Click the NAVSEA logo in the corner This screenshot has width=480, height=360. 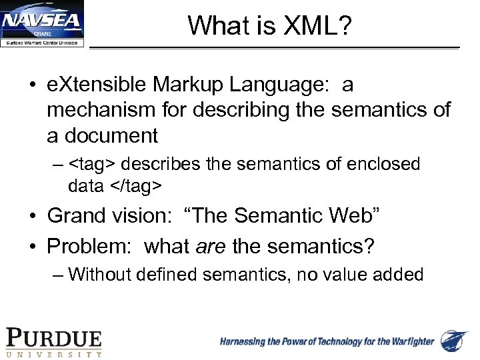point(42,24)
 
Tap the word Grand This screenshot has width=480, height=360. point(75,216)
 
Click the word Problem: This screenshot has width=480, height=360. point(89,247)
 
